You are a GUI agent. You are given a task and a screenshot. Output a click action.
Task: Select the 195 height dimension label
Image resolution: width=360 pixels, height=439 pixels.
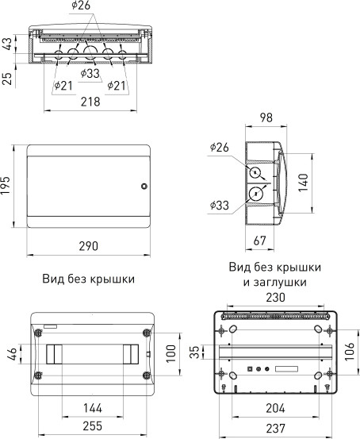pos(7,187)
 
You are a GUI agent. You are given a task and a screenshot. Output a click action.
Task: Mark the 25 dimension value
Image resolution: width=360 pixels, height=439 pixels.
pos(7,78)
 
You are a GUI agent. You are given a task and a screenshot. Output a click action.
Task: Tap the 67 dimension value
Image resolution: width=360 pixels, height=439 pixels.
pos(259,241)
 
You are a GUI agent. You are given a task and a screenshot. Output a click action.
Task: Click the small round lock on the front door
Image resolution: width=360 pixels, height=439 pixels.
pos(144,187)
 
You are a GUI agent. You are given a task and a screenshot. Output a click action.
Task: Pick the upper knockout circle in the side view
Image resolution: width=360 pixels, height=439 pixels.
pos(257,174)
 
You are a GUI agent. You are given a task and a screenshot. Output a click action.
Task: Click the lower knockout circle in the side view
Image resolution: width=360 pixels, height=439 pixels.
pos(257,194)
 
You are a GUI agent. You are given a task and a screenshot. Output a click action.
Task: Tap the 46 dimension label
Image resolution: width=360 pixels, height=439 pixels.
pos(10,354)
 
